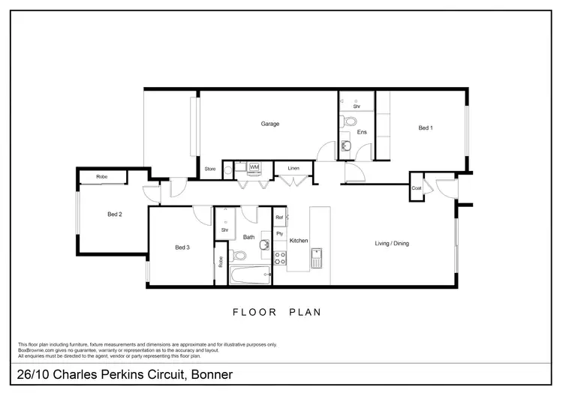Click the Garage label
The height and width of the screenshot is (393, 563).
coord(270,124)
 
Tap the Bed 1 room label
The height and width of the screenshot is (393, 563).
coord(426,128)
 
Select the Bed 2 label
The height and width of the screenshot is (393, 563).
coord(115,214)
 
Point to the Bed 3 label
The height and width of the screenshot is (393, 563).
coord(183,247)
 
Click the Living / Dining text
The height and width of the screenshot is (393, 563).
coord(392,243)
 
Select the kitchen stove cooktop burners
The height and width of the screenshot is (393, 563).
coord(279,258)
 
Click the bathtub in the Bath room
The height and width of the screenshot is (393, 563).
coord(250,276)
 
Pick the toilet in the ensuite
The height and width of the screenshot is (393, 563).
coord(350,121)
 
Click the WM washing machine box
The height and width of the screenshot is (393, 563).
coord(254,167)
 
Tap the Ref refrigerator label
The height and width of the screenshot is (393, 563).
coord(279,217)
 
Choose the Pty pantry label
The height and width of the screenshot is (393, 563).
coord(279,234)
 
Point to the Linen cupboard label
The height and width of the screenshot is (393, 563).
coord(294,169)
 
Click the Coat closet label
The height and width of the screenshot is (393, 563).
coord(416,188)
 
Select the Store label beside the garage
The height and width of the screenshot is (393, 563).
coord(210,169)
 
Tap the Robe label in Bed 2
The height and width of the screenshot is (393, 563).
coord(101,177)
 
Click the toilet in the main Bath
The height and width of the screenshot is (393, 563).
coord(234,256)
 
